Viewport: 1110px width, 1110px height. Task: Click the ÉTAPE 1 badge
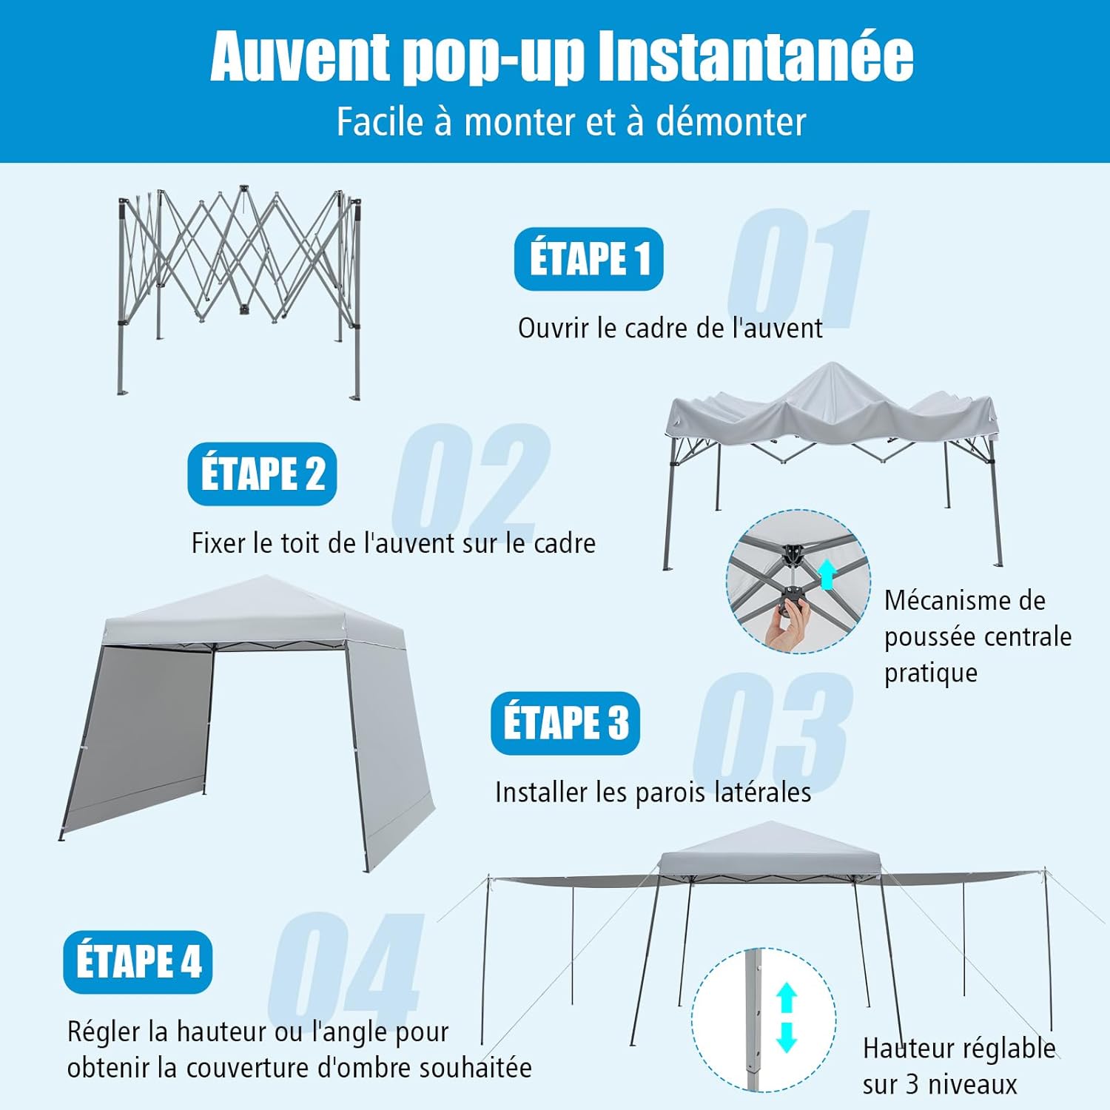(588, 259)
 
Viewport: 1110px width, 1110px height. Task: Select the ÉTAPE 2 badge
(262, 474)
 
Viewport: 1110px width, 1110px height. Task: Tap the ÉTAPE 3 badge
(565, 723)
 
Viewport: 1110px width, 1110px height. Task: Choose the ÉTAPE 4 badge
(138, 962)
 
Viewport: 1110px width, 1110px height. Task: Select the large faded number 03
(772, 729)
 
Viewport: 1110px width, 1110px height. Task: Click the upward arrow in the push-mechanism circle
(827, 573)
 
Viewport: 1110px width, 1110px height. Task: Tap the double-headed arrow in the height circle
(787, 1017)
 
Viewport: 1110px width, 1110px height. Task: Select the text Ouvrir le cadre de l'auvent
(670, 328)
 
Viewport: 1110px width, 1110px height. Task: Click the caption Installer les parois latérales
(653, 793)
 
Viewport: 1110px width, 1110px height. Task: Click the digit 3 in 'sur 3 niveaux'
(913, 1085)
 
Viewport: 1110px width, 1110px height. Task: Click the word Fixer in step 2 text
(218, 543)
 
